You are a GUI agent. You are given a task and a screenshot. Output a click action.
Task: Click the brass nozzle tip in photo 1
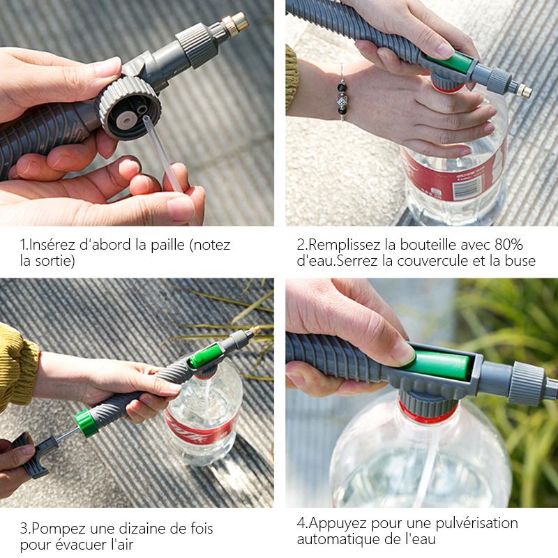[237, 22]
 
